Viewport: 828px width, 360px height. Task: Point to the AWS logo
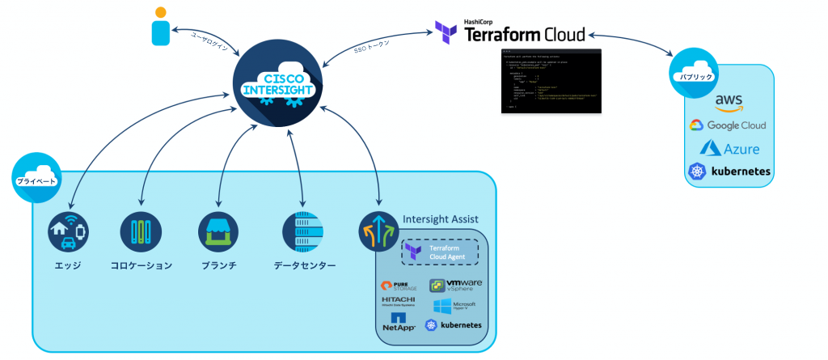click(728, 102)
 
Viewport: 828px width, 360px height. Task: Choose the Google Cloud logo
click(727, 125)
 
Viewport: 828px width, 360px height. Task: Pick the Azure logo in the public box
click(727, 147)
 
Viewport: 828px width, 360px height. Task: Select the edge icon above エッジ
click(67, 233)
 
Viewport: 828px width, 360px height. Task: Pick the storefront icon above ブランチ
click(218, 233)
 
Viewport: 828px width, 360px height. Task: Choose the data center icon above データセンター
click(302, 233)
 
